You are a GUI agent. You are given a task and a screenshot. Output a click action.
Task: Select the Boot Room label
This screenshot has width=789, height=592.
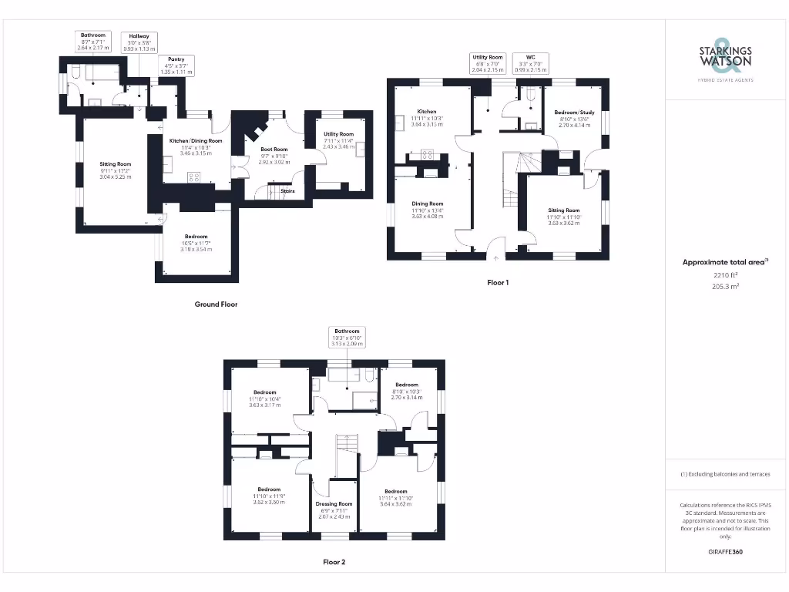(274, 150)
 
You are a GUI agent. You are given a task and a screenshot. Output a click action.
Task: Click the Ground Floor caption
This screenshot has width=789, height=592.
(216, 304)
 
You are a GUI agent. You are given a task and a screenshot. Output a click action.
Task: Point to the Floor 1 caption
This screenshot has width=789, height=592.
(498, 283)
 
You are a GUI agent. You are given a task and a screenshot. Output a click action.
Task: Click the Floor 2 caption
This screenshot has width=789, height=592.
(334, 563)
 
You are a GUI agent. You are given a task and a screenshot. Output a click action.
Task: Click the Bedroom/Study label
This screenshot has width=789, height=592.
(572, 113)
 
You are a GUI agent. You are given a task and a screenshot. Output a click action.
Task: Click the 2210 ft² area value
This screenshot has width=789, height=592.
(725, 274)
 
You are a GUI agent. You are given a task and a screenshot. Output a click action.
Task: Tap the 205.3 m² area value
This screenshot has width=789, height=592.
(725, 285)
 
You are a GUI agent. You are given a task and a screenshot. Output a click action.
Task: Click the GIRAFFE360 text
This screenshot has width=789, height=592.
(725, 552)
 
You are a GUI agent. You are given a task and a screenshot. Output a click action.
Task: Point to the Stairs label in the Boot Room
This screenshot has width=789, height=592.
(287, 191)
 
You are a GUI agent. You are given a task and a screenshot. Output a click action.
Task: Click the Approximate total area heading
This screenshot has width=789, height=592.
(725, 262)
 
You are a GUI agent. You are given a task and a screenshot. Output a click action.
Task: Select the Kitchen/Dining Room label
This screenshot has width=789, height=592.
(196, 141)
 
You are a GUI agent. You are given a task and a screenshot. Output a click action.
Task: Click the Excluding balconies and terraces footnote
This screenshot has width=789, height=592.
(725, 474)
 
